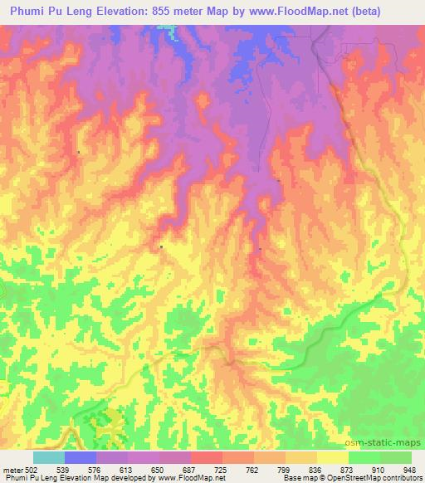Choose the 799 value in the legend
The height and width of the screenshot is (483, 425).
pyautogui.click(x=284, y=471)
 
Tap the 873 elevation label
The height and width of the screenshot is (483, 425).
pyautogui.click(x=346, y=471)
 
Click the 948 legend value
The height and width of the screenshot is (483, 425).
pyautogui.click(x=408, y=471)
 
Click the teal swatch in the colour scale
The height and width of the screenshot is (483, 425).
pyautogui.click(x=49, y=457)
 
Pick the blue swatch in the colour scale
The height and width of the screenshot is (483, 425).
pyautogui.click(x=81, y=457)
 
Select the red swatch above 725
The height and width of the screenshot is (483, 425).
pyautogui.click(x=207, y=457)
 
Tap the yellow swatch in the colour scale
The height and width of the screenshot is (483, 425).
pyautogui.click(x=332, y=457)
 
